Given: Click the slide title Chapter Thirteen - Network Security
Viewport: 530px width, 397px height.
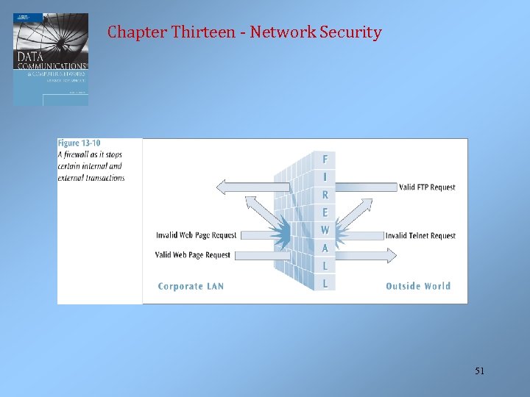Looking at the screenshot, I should pyautogui.click(x=244, y=32).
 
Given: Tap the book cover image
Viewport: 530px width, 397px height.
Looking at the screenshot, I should pyautogui.click(x=50, y=59).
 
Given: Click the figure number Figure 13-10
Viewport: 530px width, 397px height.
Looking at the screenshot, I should pyautogui.click(x=79, y=144).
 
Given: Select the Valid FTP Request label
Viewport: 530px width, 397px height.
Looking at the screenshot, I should pyautogui.click(x=427, y=187).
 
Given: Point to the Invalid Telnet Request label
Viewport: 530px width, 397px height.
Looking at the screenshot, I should pyautogui.click(x=420, y=236).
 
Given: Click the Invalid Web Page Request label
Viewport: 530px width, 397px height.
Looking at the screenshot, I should pyautogui.click(x=197, y=236).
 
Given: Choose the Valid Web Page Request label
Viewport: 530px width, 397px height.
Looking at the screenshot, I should pyautogui.click(x=193, y=255).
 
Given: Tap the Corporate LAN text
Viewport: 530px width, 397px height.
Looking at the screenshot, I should pyautogui.click(x=191, y=286).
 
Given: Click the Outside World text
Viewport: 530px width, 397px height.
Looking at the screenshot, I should pyautogui.click(x=418, y=286).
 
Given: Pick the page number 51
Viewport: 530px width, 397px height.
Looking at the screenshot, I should pyautogui.click(x=479, y=372).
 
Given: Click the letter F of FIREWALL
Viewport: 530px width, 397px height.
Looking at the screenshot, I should pyautogui.click(x=325, y=159).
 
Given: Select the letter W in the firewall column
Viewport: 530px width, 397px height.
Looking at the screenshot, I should pyautogui.click(x=325, y=230).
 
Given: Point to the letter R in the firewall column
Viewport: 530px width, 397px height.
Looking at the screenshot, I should pyautogui.click(x=325, y=195).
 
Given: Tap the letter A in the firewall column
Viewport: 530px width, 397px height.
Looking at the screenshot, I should pyautogui.click(x=325, y=248).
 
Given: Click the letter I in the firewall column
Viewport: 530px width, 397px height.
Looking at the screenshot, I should pyautogui.click(x=325, y=177).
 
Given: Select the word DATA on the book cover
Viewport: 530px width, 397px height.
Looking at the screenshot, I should pyautogui.click(x=30, y=56).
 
